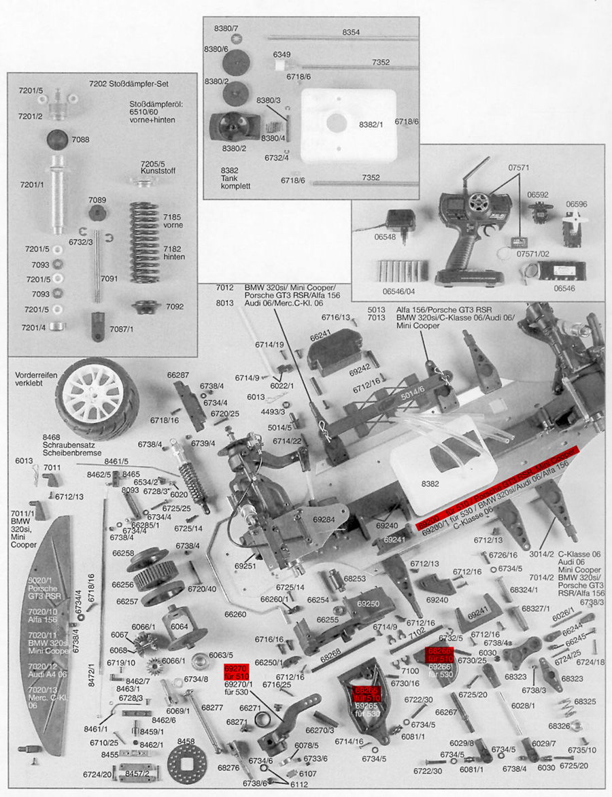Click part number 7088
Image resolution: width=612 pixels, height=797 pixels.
point(80,139)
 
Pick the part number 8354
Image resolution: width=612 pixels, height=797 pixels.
point(351,32)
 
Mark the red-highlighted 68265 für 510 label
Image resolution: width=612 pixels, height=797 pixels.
point(367,694)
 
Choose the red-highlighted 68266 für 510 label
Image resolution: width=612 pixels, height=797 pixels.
point(440,655)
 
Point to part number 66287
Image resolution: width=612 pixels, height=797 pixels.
point(178,375)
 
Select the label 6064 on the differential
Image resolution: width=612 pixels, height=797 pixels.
point(180,626)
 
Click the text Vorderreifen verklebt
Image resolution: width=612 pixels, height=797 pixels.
point(35,379)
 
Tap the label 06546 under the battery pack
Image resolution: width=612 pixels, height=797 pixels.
point(564,288)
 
